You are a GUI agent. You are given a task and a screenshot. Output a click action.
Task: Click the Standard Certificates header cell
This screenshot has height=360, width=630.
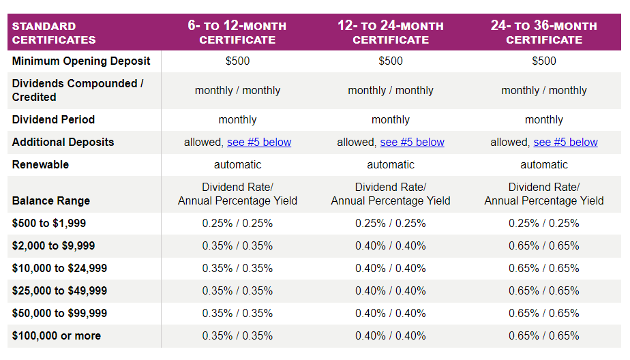tap(54, 33)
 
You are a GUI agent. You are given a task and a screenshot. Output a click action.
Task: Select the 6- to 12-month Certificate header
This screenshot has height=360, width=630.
tap(237, 33)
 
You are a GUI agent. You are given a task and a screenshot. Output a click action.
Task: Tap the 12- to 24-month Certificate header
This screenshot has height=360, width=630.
tap(391, 33)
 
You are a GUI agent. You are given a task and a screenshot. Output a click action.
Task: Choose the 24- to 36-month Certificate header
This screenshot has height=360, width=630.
tap(544, 33)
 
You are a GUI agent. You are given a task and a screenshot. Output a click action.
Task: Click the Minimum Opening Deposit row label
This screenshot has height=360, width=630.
tap(81, 61)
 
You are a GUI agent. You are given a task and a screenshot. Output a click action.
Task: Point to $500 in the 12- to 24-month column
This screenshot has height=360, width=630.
tap(391, 61)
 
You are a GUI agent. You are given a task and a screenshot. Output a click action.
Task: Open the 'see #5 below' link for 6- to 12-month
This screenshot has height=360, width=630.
tap(259, 142)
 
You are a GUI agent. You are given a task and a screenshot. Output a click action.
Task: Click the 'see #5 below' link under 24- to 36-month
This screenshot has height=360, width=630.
tap(565, 142)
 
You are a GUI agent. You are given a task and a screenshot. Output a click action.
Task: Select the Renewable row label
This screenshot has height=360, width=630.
tap(41, 164)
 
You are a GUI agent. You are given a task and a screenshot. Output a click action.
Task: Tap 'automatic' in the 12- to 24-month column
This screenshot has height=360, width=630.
tap(391, 164)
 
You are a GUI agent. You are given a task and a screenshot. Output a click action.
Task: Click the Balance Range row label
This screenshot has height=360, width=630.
tap(51, 200)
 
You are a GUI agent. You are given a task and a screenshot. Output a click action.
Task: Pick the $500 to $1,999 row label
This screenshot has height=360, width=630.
tap(49, 223)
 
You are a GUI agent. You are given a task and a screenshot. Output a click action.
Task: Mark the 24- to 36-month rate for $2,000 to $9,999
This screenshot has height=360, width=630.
tap(544, 245)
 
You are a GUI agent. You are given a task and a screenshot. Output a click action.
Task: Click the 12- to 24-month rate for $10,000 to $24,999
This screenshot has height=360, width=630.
tap(391, 268)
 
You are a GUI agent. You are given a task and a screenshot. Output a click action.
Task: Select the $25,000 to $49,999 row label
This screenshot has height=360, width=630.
tap(59, 290)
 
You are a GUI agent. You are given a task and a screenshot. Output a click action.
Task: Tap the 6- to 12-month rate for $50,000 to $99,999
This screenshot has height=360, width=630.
tap(237, 313)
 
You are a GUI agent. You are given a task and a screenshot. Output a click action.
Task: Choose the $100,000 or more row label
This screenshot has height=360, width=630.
tap(57, 335)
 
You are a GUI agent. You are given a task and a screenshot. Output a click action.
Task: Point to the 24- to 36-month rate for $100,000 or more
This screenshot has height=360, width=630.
tap(544, 335)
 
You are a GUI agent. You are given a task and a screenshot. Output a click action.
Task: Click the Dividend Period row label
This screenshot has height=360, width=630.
tap(53, 119)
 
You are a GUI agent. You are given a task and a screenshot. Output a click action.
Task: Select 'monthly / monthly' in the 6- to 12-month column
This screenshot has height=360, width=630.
tap(237, 90)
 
